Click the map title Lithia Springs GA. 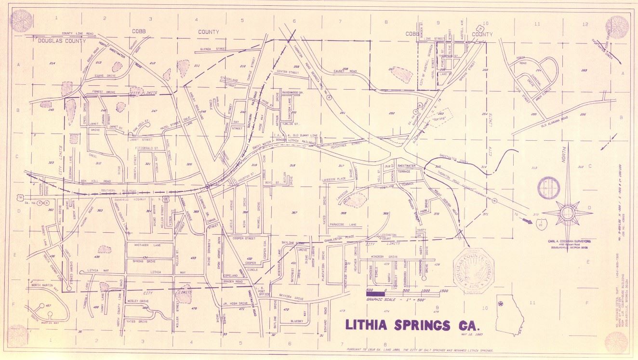413,324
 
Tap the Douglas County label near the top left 62,41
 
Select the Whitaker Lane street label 143,244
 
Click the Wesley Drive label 138,301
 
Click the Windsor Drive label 385,257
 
